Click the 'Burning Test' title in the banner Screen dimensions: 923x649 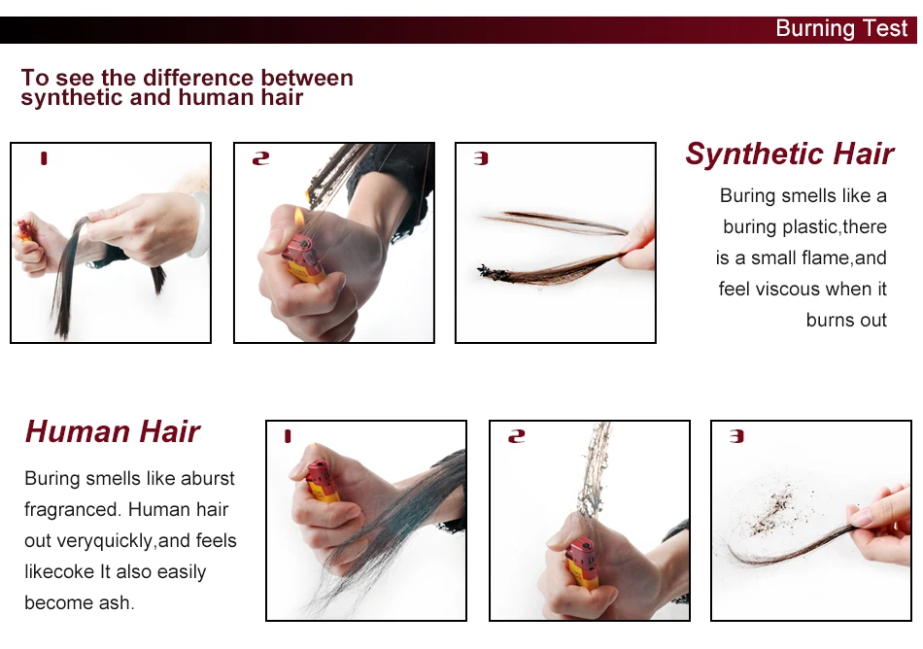(841, 28)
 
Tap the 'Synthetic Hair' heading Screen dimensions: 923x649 (789, 154)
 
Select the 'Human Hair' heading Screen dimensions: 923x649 (113, 431)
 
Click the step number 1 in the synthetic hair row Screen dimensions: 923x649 (44, 158)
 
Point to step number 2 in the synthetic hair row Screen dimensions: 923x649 (260, 158)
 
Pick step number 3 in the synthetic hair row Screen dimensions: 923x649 (481, 158)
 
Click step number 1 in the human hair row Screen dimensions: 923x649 (288, 436)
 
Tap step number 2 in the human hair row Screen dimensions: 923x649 (516, 436)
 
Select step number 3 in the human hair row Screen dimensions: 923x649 (736, 436)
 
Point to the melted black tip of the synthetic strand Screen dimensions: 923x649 (493, 272)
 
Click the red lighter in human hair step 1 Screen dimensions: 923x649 (322, 481)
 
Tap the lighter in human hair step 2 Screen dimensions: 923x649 (582, 564)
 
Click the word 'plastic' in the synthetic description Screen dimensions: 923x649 (810, 227)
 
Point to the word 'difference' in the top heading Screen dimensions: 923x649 (197, 78)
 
